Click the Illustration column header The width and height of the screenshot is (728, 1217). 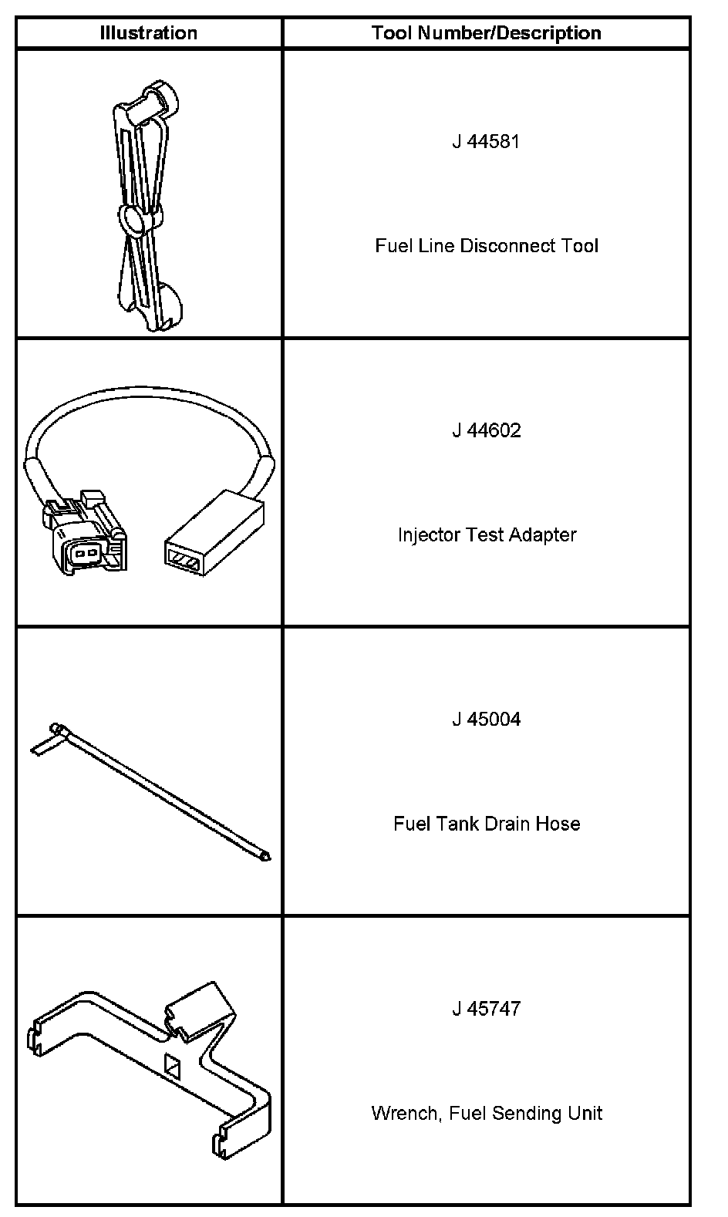(x=148, y=33)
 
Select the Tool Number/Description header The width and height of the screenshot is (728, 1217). (x=486, y=33)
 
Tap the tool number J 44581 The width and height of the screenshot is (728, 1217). (x=486, y=142)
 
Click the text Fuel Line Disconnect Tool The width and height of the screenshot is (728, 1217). (x=486, y=246)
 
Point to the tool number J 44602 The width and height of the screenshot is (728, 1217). (x=486, y=430)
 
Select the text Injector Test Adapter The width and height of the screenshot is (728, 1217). (x=486, y=534)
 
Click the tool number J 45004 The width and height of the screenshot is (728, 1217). (x=486, y=720)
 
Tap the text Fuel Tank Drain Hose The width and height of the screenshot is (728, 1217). (x=486, y=824)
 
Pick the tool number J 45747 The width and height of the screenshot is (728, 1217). (x=486, y=1009)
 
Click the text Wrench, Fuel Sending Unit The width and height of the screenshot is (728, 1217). (x=486, y=1113)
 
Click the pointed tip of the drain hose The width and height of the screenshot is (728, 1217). (x=266, y=856)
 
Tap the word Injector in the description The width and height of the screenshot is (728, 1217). (x=426, y=534)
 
